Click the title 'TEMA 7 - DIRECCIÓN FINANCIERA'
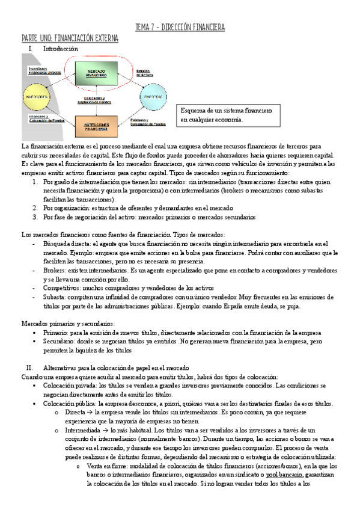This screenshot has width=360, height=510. (x=180, y=28)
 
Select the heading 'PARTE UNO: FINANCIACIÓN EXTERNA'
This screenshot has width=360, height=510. (x=70, y=38)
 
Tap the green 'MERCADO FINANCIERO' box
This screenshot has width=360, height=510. (x=96, y=73)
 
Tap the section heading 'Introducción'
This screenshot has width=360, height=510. (x=61, y=48)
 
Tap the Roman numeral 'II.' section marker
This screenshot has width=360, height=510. (x=29, y=367)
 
